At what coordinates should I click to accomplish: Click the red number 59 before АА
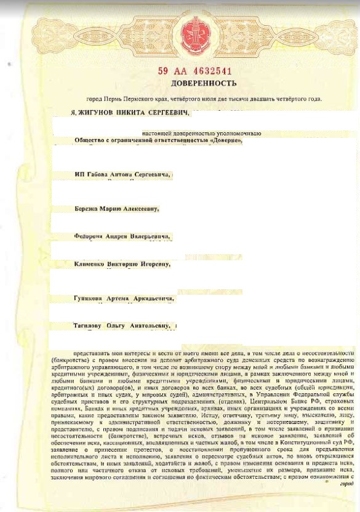pyautogui.click(x=162, y=71)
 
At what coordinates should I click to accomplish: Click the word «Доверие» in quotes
pyautogui.click(x=225, y=140)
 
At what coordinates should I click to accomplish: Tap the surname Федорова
pyautogui.click(x=90, y=236)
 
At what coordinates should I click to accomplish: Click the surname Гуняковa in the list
pyautogui.click(x=87, y=298)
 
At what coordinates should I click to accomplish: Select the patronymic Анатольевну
pyautogui.click(x=150, y=325)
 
